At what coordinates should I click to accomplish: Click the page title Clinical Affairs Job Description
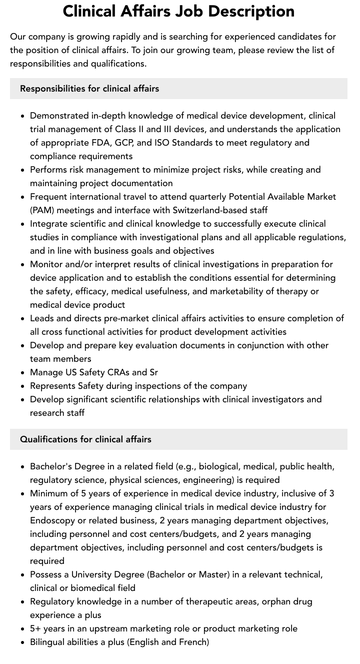[x=178, y=11]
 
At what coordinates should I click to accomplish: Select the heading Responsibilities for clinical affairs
[x=89, y=89]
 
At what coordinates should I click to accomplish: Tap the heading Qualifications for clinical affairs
[x=85, y=439]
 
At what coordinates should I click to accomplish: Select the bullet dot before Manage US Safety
[x=22, y=373]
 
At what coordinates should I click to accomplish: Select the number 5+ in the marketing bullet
[x=36, y=628]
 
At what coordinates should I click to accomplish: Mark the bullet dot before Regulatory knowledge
[x=22, y=602]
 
